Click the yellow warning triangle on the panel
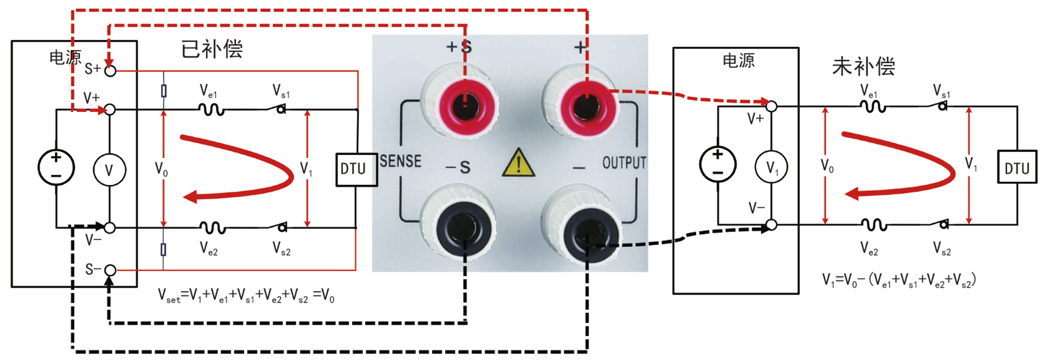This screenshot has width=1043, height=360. (x=518, y=163)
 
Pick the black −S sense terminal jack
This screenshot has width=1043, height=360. (x=461, y=227)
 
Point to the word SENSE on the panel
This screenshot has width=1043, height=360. (x=401, y=161)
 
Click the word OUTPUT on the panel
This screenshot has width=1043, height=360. (x=624, y=162)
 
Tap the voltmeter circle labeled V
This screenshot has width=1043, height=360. (x=109, y=170)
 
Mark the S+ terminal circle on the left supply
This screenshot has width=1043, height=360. (x=111, y=71)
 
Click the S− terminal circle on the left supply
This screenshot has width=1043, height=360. (x=111, y=270)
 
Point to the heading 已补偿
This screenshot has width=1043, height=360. (x=212, y=49)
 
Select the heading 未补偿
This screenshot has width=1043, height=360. (x=864, y=66)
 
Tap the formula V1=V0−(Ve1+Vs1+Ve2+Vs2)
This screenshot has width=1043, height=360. (x=899, y=280)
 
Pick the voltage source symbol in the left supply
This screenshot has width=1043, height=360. (x=56, y=167)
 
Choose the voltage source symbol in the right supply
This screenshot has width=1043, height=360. (x=717, y=164)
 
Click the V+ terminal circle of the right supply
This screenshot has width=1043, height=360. (x=771, y=106)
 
